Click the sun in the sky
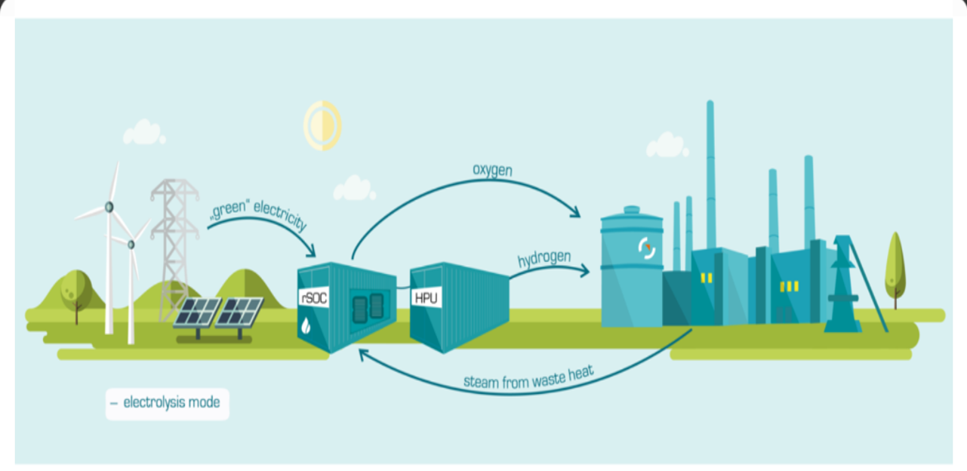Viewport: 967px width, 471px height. point(322,125)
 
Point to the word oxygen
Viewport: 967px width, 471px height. point(492,170)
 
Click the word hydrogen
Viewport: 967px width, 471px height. point(543,259)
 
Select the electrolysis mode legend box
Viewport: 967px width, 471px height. point(167,403)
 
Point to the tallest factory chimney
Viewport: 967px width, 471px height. point(710,174)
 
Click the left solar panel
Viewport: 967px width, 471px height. point(197,312)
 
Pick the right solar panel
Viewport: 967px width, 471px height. point(239,312)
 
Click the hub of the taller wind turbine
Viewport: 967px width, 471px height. point(109,206)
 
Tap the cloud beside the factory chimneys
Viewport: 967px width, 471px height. point(667,144)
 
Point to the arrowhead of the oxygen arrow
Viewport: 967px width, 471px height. point(577,214)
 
